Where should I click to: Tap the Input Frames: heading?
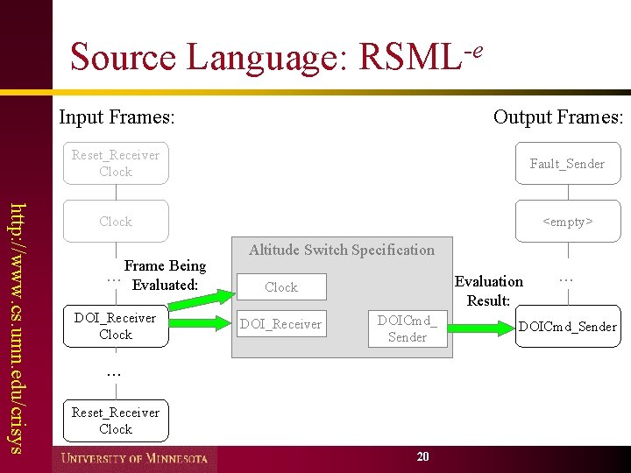pyautogui.click(x=117, y=116)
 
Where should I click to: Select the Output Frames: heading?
pyautogui.click(x=557, y=116)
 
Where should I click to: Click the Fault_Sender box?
pyautogui.click(x=567, y=164)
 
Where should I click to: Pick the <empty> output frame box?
pyautogui.click(x=567, y=222)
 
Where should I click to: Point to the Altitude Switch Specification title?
pyautogui.click(x=342, y=250)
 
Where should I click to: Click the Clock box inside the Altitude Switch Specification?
pyautogui.click(x=281, y=287)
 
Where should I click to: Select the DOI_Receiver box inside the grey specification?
pyautogui.click(x=281, y=324)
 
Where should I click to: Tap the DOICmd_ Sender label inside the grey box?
pyautogui.click(x=408, y=328)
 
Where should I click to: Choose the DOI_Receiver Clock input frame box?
pyautogui.click(x=116, y=326)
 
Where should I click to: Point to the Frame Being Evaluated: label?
pyautogui.click(x=165, y=275)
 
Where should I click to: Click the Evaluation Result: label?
pyautogui.click(x=489, y=291)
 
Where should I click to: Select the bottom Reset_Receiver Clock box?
pyautogui.click(x=116, y=420)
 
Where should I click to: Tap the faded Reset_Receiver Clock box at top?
pyautogui.click(x=116, y=163)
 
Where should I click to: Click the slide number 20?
pyautogui.click(x=423, y=456)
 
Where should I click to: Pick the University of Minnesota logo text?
pyautogui.click(x=134, y=458)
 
